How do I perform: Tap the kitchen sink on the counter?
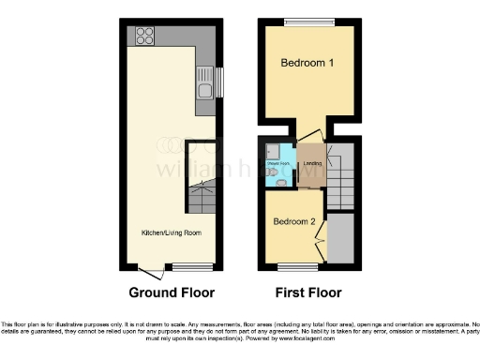click(x=204, y=87)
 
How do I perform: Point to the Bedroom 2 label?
click(x=293, y=222)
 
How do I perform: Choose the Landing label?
click(x=312, y=163)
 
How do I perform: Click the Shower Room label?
click(x=278, y=163)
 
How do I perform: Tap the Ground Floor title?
click(x=172, y=292)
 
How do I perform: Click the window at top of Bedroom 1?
click(x=308, y=22)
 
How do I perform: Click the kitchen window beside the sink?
click(x=221, y=82)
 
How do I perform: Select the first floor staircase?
click(x=340, y=178)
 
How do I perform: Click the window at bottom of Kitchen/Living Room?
click(x=185, y=267)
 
